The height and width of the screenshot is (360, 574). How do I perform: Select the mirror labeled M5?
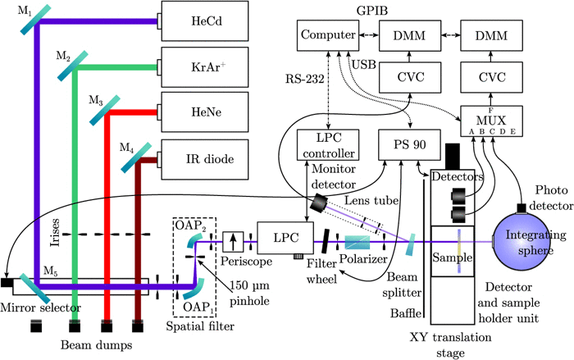click(x=37, y=285)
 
